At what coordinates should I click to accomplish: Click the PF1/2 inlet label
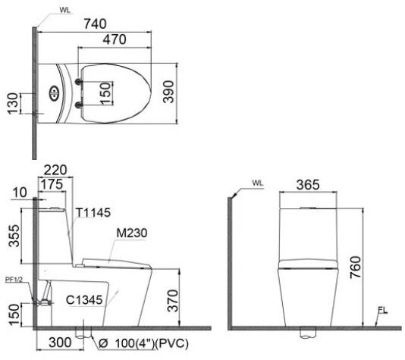tap(14, 279)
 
